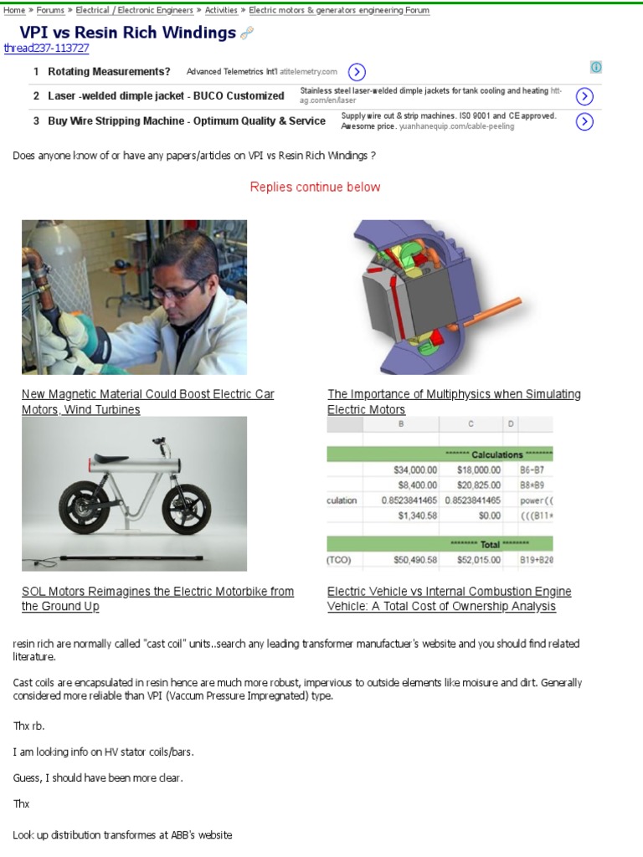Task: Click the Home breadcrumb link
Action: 14,11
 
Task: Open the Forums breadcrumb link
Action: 50,11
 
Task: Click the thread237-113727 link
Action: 46,48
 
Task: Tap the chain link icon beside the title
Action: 247,33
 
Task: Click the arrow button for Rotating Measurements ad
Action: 357,72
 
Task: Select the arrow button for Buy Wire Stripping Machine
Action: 585,121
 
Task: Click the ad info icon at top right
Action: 596,67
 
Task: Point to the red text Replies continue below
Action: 315,187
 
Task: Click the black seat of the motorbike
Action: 112,458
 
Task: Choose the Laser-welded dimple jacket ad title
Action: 166,96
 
